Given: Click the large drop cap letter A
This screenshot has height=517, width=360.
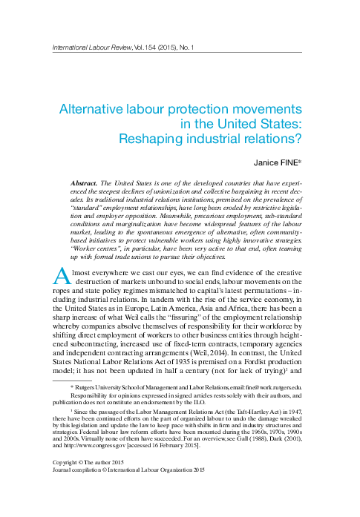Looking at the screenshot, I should (63, 276).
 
